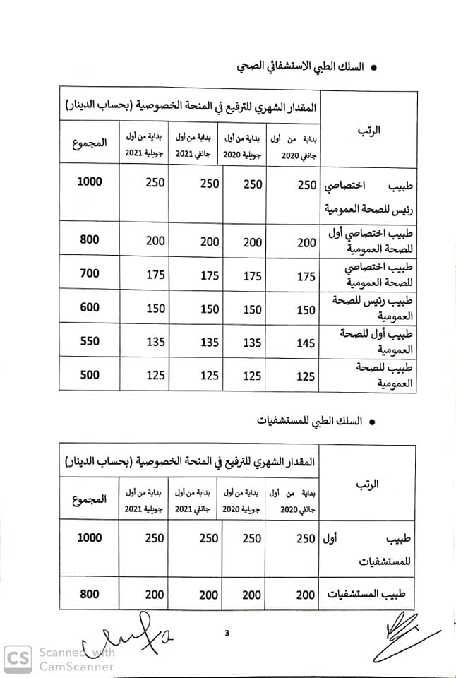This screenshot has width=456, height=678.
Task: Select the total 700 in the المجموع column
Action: [x=90, y=273]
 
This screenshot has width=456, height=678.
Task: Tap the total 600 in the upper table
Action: [x=90, y=307]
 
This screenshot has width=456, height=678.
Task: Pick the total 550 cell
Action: [x=90, y=341]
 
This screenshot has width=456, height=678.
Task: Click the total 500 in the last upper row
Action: [x=90, y=375]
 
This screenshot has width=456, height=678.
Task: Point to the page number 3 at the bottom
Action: [x=227, y=633]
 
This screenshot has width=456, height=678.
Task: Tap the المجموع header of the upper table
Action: [x=90, y=143]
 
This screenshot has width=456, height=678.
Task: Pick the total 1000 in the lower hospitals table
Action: [x=90, y=537]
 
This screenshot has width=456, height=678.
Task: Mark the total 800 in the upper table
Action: [x=90, y=239]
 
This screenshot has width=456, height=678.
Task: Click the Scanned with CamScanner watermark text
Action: [x=76, y=659]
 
